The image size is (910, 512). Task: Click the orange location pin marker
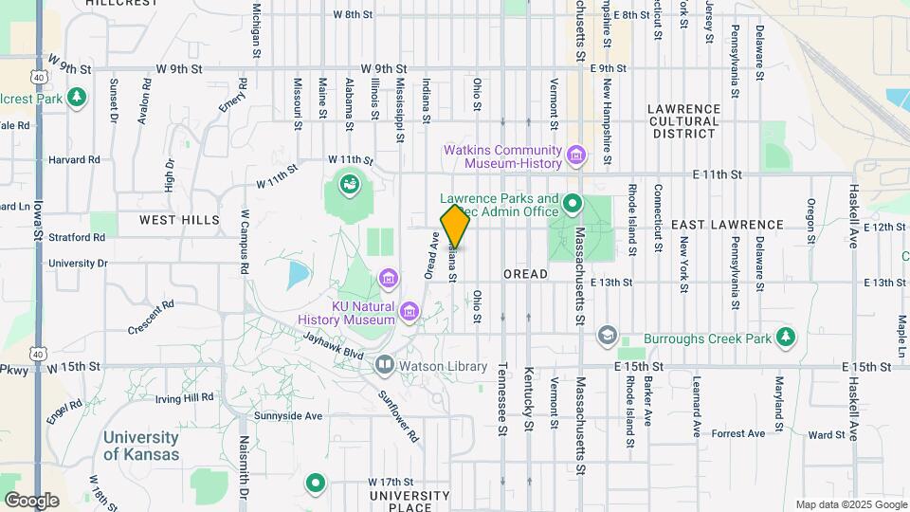coord(455,226)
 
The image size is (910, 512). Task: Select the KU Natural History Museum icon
coord(409,311)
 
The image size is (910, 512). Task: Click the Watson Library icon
coord(384,365)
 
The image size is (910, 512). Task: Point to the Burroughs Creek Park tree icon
coord(785,337)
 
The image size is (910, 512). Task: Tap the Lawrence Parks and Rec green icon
coord(572,204)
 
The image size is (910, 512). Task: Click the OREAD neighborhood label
coord(525,274)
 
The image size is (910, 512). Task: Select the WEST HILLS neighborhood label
coord(179,220)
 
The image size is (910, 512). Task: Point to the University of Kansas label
coord(140,446)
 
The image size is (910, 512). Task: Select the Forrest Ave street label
coord(737,433)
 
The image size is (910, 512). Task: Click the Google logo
coord(31,500)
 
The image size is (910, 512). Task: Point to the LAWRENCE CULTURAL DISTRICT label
coord(683,121)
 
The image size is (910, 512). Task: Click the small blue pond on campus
coord(298,276)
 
